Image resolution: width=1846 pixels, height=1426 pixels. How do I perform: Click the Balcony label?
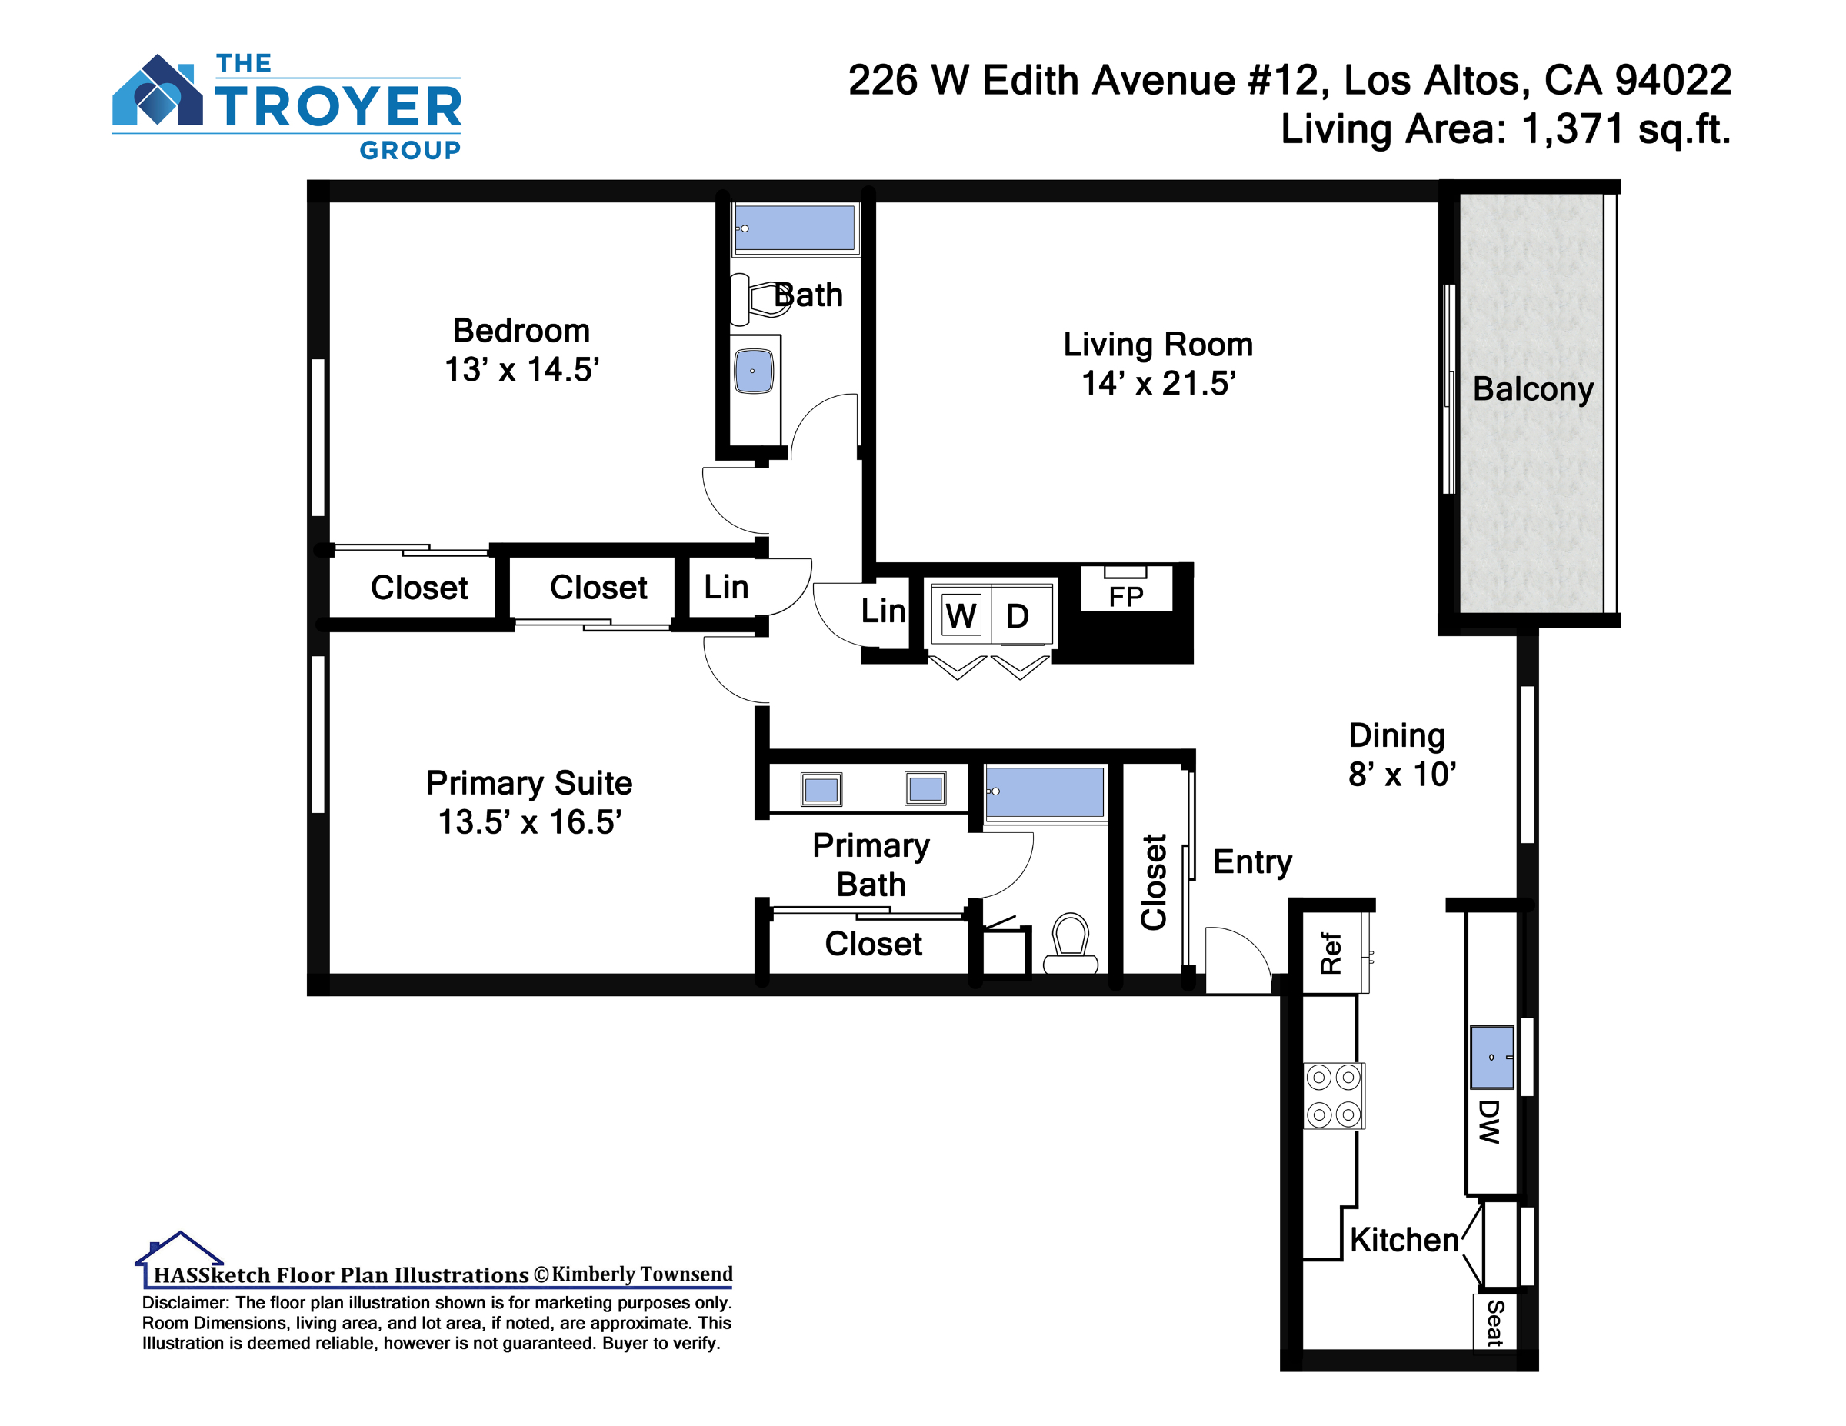[x=1532, y=389]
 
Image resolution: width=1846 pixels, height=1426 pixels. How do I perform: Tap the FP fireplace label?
[x=1126, y=597]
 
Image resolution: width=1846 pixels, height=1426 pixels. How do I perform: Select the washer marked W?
[x=960, y=615]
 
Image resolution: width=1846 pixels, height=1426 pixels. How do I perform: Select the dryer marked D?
[x=1020, y=615]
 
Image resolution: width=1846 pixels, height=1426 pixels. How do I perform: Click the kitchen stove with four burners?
[x=1334, y=1095]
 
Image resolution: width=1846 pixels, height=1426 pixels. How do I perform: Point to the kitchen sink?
[x=1492, y=1058]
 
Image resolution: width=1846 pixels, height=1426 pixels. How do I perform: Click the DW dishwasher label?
[x=1489, y=1121]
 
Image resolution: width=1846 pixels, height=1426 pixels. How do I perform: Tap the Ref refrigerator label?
[x=1331, y=954]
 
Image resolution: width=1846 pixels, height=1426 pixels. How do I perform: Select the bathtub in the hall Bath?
[x=795, y=228]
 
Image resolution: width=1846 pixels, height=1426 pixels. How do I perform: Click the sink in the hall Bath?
[x=753, y=371]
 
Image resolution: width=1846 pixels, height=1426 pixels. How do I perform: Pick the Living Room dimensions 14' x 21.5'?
[x=1159, y=384]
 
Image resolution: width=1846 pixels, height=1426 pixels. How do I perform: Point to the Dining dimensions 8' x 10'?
[x=1402, y=775]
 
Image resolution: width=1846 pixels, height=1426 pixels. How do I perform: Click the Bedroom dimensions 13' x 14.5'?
[x=522, y=369]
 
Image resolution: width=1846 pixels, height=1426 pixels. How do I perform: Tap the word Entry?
[x=1253, y=862]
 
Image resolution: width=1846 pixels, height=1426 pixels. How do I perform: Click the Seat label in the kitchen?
[x=1494, y=1323]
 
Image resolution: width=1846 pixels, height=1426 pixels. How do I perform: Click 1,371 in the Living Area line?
[x=1572, y=129]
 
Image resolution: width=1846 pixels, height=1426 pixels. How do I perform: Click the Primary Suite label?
[x=529, y=783]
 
